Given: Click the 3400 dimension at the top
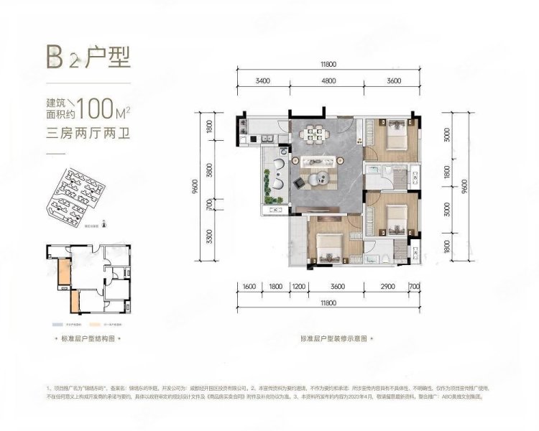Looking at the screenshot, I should point(262,81).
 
